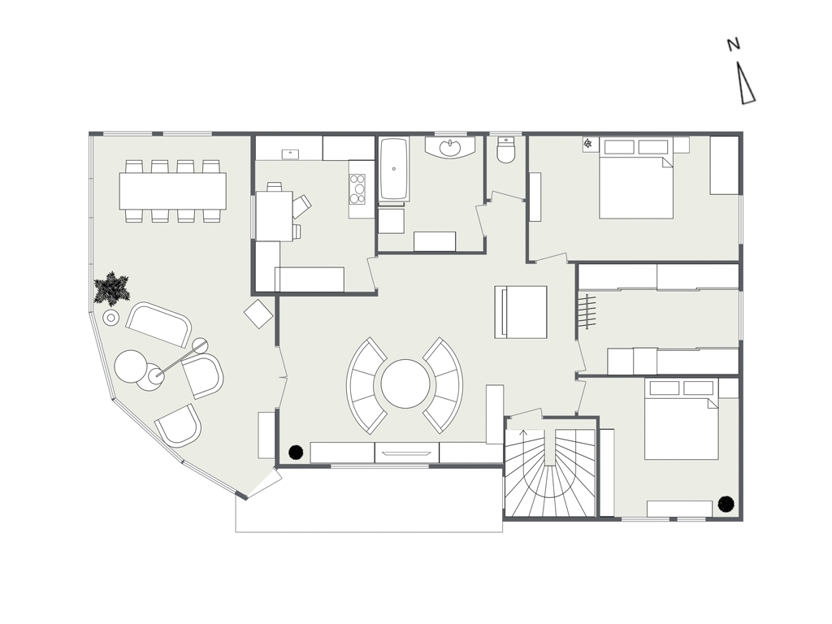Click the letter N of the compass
734,45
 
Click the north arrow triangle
746,84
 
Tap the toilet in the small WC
505,149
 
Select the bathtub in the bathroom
394,169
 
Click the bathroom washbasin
451,148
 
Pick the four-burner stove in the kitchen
358,188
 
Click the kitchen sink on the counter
290,154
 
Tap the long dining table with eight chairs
172,190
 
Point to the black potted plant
111,288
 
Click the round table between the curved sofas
405,383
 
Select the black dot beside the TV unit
296,452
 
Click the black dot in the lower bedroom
726,504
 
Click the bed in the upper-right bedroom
636,179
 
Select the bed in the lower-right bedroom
682,418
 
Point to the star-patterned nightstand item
588,143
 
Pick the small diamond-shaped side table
258,314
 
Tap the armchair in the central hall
521,312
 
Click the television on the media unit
408,453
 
